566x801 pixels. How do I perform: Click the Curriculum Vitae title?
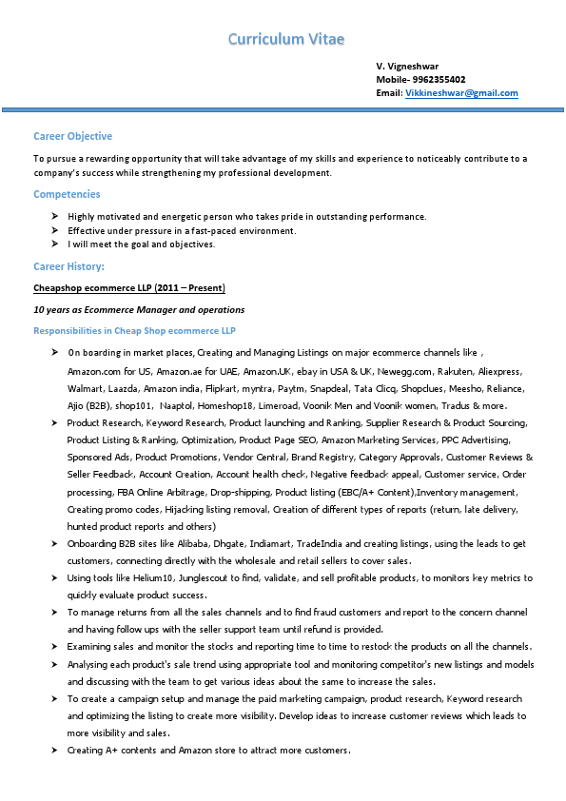[286, 39]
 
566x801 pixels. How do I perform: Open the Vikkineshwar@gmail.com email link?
[461, 93]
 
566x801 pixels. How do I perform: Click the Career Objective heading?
[72, 137]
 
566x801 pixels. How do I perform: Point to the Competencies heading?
[67, 194]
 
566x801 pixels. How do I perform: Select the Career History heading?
[68, 266]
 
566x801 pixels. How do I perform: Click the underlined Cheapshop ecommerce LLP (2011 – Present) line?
[129, 287]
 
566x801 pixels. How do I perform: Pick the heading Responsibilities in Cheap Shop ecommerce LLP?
[134, 330]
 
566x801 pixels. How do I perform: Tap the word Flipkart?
[250, 388]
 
